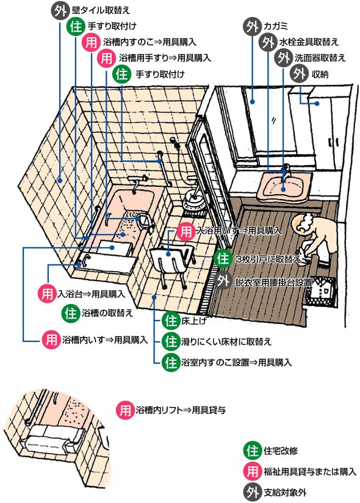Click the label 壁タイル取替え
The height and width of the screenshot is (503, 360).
point(101,10)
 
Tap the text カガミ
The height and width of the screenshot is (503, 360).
point(275,26)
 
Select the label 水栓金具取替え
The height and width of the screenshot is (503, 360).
point(309,42)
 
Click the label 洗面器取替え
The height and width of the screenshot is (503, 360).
point(320,58)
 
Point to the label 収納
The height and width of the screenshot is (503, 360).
point(320,74)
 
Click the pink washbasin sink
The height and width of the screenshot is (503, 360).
point(283,186)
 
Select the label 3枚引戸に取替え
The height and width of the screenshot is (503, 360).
point(268,259)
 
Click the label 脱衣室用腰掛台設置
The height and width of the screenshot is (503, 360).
point(273,282)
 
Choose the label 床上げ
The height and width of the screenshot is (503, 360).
point(194,320)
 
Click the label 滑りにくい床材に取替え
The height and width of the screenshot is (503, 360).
point(226,342)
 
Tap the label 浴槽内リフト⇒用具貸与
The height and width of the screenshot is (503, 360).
point(181,410)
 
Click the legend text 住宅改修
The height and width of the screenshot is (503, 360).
point(281,451)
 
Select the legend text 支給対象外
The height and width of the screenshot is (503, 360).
point(285,492)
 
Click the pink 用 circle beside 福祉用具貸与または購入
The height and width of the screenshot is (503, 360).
point(253,471)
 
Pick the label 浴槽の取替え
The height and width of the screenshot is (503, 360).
point(107,313)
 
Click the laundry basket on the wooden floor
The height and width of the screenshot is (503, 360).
point(320,292)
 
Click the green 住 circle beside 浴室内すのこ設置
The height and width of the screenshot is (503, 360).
point(171,363)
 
